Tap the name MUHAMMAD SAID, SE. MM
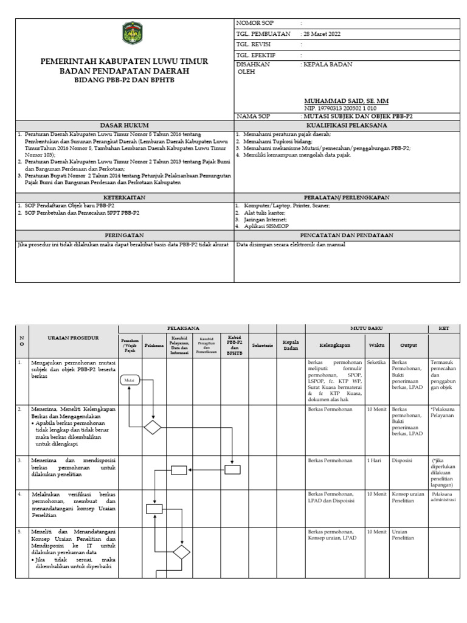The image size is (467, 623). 347,100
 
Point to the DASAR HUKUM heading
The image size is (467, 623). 124,125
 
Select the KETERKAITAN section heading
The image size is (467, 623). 124,197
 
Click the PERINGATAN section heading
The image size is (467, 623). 124,234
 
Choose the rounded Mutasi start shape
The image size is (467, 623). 130,380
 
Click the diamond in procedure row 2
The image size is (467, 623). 153,428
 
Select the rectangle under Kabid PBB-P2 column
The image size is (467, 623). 232,469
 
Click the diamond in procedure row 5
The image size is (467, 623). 181,552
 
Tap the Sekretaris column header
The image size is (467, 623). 262,345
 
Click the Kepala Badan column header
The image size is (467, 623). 291,345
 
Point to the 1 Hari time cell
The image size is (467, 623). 374,461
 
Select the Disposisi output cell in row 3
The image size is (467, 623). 404,461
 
